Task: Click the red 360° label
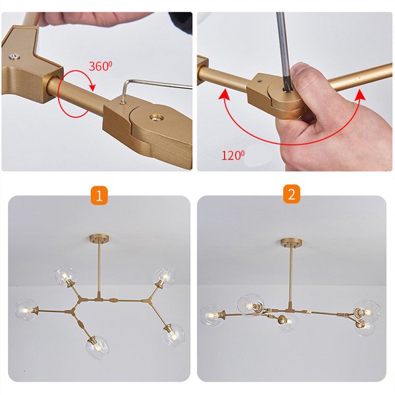(100, 66)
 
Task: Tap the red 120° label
(233, 155)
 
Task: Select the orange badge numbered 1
(99, 196)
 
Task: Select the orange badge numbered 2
(292, 194)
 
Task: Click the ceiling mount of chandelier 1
(99, 238)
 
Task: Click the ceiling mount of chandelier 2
(292, 242)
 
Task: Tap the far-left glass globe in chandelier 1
(26, 309)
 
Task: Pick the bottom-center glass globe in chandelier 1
(97, 347)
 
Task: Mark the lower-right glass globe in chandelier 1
(174, 334)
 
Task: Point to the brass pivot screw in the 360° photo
(156, 118)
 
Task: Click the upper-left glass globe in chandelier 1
(65, 275)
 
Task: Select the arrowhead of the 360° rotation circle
(93, 87)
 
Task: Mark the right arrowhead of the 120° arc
(361, 93)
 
